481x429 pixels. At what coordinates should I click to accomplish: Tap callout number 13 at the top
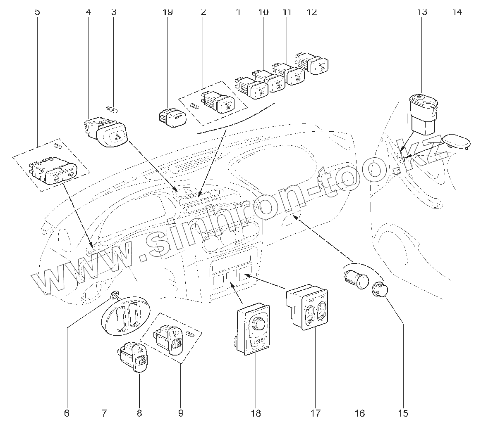[421, 12]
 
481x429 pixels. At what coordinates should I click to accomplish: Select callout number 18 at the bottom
[256, 413]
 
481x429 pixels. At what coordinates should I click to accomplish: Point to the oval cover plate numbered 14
[457, 140]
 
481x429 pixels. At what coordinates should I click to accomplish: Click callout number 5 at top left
[38, 12]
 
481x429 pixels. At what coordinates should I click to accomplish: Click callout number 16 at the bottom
[360, 413]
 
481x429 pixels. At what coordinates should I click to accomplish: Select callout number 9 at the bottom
[181, 413]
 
